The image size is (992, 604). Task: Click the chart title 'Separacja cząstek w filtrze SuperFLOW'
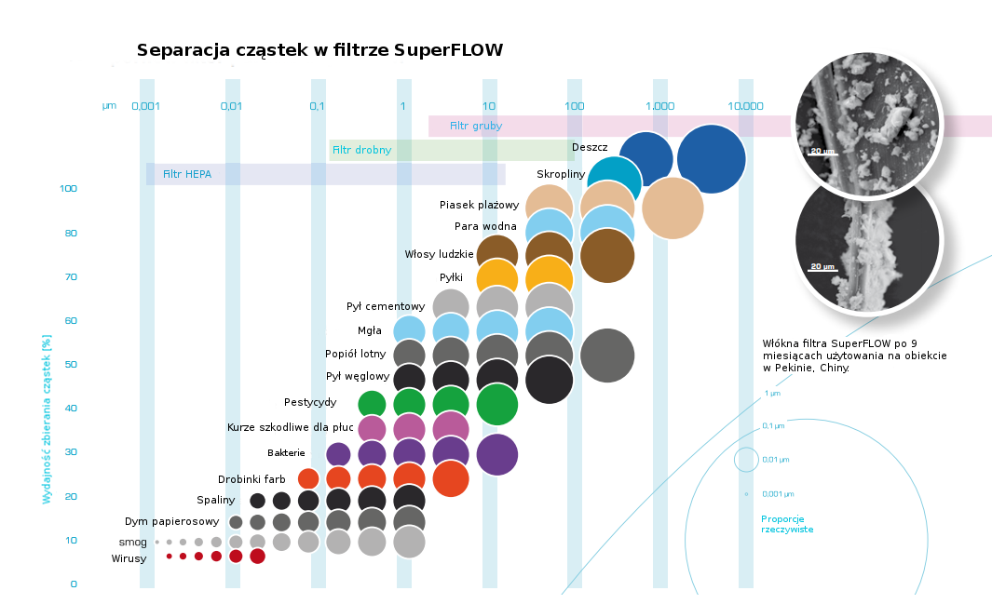[319, 50]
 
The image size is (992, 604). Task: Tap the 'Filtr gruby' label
[476, 126]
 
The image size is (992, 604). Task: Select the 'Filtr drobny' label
[361, 150]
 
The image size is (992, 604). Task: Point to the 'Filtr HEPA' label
[186, 174]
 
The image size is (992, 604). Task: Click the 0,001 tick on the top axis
[145, 106]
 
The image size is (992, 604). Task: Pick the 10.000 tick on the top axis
[745, 106]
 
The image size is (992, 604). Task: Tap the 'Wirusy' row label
[129, 558]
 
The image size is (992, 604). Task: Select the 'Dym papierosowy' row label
[171, 521]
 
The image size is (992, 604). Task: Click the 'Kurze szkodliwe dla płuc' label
[291, 427]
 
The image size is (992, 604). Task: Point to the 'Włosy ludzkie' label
[439, 254]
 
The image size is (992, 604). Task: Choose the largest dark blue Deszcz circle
[712, 159]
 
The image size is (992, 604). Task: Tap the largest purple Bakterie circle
[496, 455]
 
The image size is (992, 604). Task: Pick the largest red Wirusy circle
[258, 557]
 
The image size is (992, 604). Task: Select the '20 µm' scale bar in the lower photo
[822, 268]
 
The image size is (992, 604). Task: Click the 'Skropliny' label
[560, 174]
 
